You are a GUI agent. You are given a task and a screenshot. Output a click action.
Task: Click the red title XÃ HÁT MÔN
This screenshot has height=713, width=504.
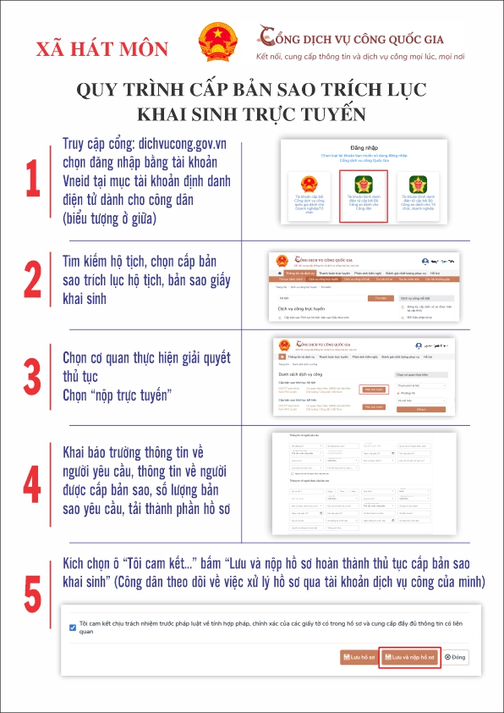[x=102, y=48]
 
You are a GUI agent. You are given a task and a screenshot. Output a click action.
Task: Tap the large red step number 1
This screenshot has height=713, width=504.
[x=32, y=179]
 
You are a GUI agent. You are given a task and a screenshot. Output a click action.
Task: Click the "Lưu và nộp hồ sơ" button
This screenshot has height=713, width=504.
[x=409, y=657]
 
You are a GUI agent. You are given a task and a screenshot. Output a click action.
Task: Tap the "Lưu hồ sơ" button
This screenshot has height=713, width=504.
[x=357, y=657]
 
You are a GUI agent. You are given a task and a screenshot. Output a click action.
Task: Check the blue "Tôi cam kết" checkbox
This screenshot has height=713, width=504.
[x=73, y=627]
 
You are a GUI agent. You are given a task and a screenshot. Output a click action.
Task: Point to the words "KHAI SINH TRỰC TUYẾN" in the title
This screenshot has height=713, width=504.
[x=251, y=113]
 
